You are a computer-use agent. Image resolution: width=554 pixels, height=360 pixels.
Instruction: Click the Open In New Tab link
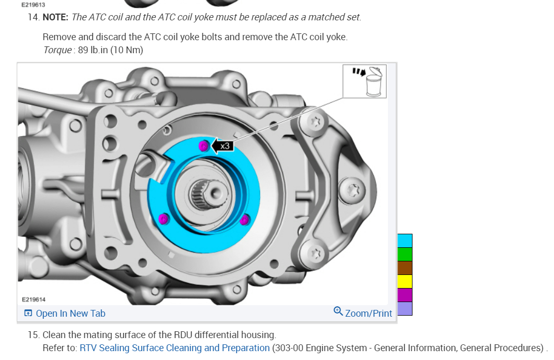(x=65, y=314)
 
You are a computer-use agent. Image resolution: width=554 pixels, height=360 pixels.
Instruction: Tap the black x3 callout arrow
(x=222, y=146)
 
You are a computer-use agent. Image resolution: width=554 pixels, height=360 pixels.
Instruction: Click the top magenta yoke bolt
(x=204, y=146)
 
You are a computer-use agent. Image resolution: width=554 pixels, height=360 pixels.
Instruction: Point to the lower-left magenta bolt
(x=163, y=219)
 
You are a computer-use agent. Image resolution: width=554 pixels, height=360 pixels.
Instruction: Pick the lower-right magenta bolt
(x=244, y=220)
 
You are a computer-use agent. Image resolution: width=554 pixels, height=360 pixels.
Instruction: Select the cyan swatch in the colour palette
(x=405, y=241)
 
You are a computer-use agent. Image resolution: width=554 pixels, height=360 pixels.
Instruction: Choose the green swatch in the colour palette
(x=405, y=254)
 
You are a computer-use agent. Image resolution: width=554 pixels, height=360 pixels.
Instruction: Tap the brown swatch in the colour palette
(x=405, y=268)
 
